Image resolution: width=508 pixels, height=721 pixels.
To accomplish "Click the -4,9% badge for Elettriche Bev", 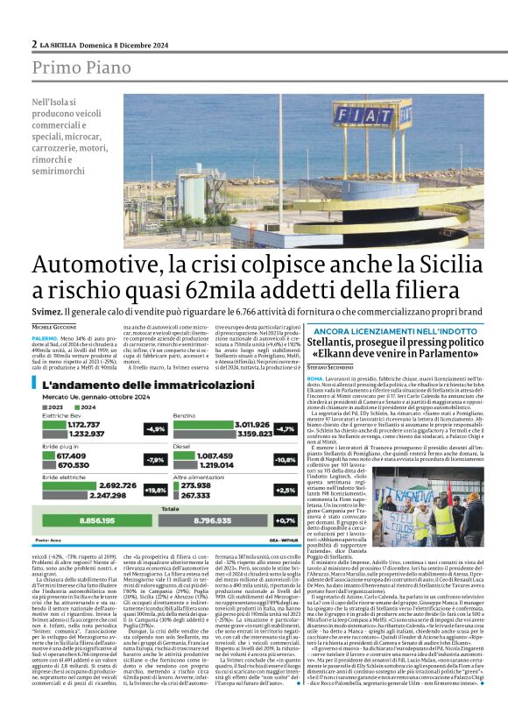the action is point(156,428).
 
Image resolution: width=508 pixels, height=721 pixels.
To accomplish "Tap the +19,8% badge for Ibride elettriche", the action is point(156,490).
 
